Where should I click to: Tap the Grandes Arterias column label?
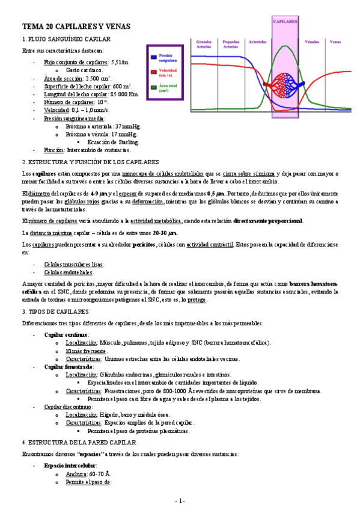tap(204, 44)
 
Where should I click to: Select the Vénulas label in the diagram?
tap(312, 42)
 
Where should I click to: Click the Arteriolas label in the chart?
tap(258, 42)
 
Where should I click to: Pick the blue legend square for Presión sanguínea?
tap(153, 57)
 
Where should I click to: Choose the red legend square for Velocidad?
tap(153, 72)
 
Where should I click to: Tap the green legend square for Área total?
tap(153, 88)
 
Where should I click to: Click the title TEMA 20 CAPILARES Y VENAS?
tap(75, 27)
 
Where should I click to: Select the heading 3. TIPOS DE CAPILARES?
tap(55, 312)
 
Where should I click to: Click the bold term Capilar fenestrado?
tap(69, 366)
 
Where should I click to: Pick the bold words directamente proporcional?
tap(268, 221)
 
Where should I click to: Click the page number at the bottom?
tap(180, 500)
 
